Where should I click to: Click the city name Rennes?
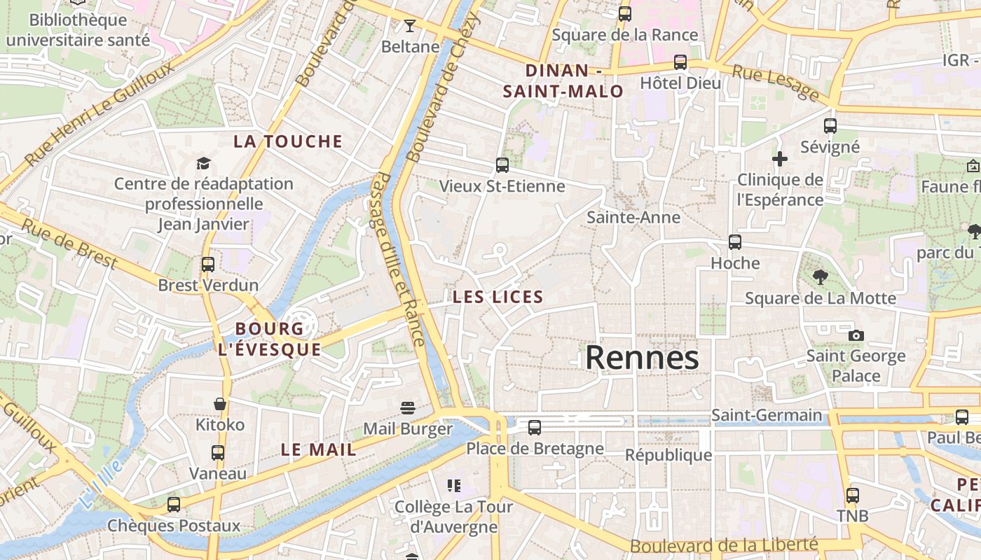pos(642,358)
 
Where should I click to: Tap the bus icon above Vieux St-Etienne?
pos(502,165)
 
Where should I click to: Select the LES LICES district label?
pos(498,297)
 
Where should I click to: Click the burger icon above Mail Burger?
pos(408,407)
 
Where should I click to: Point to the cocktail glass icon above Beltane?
pos(410,27)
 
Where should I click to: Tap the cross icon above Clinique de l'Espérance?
pos(780,159)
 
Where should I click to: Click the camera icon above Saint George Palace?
pos(856,335)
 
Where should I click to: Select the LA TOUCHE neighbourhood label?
pos(288,141)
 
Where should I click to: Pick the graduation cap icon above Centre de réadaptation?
pos(203,163)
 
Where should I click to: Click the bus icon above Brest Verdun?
pos(208,265)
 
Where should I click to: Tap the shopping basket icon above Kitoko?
pos(220,404)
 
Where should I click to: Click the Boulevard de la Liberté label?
pos(724,545)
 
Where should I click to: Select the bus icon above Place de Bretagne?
pos(535,427)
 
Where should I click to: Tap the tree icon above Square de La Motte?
pos(820,277)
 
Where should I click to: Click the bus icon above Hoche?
pos(735,242)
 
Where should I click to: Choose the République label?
pos(668,455)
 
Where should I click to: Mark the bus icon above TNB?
pos(853,495)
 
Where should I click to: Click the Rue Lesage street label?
pos(776,81)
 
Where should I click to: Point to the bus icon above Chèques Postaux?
pos(174,504)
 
